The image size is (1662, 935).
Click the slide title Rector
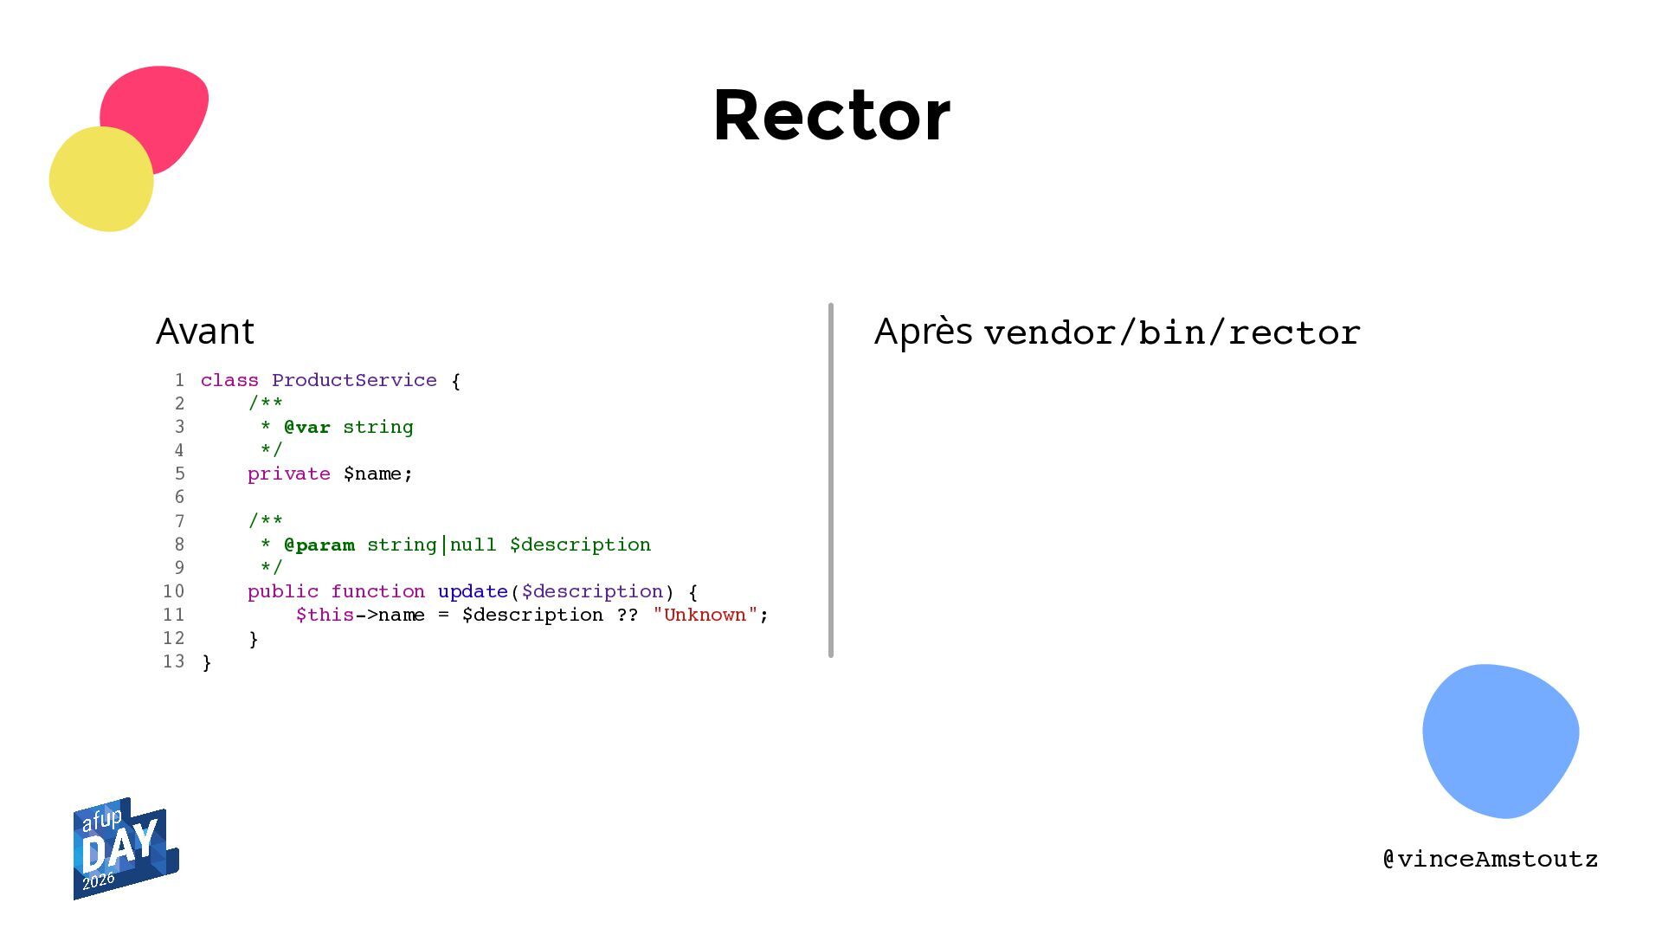pyautogui.click(x=832, y=115)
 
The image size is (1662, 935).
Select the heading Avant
pyautogui.click(x=205, y=331)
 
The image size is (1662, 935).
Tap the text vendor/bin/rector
pyautogui.click(x=1172, y=332)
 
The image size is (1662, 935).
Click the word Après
pyautogui.click(x=924, y=332)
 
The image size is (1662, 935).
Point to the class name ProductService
pyautogui.click(x=354, y=380)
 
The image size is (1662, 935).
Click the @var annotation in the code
pyautogui.click(x=307, y=427)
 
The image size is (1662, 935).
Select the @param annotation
pyautogui.click(x=319, y=545)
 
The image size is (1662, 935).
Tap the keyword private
pyautogui.click(x=289, y=474)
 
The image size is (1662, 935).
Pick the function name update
pyautogui.click(x=473, y=591)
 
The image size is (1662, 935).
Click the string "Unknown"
pyautogui.click(x=705, y=615)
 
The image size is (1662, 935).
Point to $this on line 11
pyautogui.click(x=325, y=615)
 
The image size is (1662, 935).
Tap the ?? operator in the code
pyautogui.click(x=628, y=615)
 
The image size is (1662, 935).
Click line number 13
pyautogui.click(x=174, y=661)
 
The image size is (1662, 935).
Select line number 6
pyautogui.click(x=179, y=497)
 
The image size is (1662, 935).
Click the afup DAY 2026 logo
pyautogui.click(x=126, y=848)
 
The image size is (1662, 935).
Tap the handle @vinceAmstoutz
pyautogui.click(x=1491, y=859)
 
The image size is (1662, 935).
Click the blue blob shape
pyautogui.click(x=1500, y=740)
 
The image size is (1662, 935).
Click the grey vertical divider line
pyautogui.click(x=831, y=480)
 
